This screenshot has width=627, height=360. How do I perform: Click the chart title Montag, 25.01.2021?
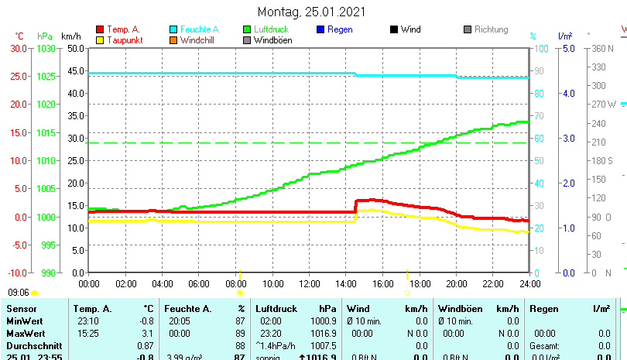pos(311,12)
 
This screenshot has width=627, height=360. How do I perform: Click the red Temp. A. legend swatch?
pos(99,29)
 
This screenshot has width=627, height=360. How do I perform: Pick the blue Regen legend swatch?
pos(320,29)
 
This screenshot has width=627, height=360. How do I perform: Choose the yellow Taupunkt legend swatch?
pos(99,40)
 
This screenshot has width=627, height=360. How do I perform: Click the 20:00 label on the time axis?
pos(456,283)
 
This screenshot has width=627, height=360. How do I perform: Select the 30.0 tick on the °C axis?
pos(19,48)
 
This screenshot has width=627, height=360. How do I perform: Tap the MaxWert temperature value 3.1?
pos(147,332)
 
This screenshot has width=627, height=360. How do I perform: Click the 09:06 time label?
pos(19,293)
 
